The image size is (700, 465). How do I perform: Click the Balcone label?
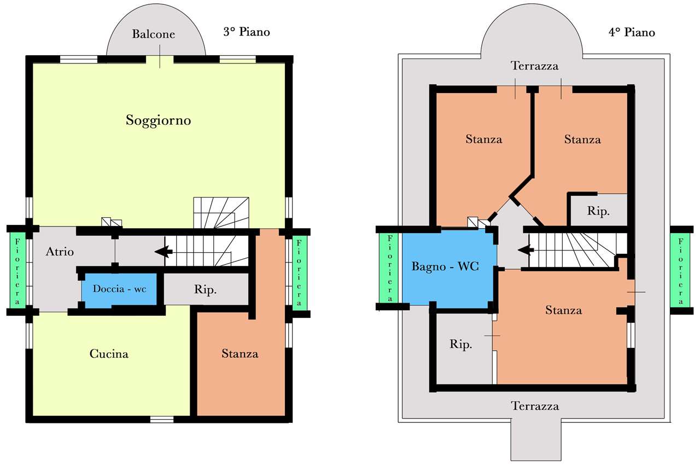[x=153, y=34]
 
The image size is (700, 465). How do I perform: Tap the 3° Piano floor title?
[x=247, y=32]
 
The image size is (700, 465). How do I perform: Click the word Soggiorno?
[x=159, y=120]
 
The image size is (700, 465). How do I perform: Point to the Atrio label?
[x=60, y=252]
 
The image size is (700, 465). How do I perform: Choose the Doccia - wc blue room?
[x=119, y=289]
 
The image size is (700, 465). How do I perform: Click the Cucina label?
[x=109, y=354]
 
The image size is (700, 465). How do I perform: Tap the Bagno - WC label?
[x=445, y=266]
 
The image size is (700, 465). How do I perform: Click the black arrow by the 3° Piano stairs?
[x=164, y=251]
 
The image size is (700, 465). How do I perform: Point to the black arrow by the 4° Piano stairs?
[x=526, y=250]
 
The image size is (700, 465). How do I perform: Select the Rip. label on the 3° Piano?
[x=205, y=290]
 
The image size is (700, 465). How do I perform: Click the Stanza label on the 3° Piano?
[x=240, y=354]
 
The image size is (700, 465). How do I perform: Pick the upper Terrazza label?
[x=534, y=66]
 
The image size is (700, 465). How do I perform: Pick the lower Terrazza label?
[x=535, y=406]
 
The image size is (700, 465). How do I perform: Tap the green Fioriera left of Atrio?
[x=17, y=271]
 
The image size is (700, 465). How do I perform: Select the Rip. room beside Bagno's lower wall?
[x=463, y=348]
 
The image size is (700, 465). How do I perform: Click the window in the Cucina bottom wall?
[x=161, y=419]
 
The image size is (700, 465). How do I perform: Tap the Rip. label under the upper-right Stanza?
[x=598, y=211]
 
